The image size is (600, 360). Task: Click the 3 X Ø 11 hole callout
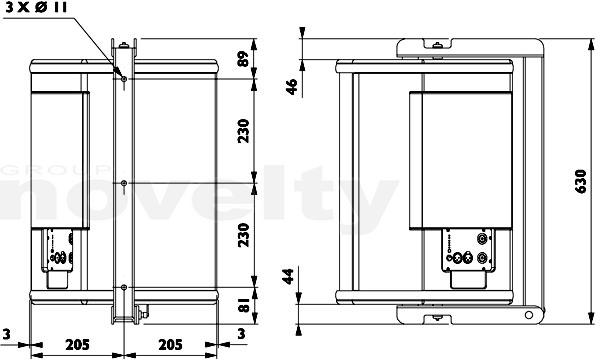36,8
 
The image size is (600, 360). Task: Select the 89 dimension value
243,59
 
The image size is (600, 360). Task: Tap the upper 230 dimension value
243,131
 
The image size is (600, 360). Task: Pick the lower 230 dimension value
243,235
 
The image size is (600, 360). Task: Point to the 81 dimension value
243,305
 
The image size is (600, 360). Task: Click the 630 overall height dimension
581,181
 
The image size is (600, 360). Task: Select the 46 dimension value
292,87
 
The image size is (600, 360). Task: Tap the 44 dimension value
288,276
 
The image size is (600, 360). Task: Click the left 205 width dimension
77,345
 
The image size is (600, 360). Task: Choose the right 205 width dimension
170,345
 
